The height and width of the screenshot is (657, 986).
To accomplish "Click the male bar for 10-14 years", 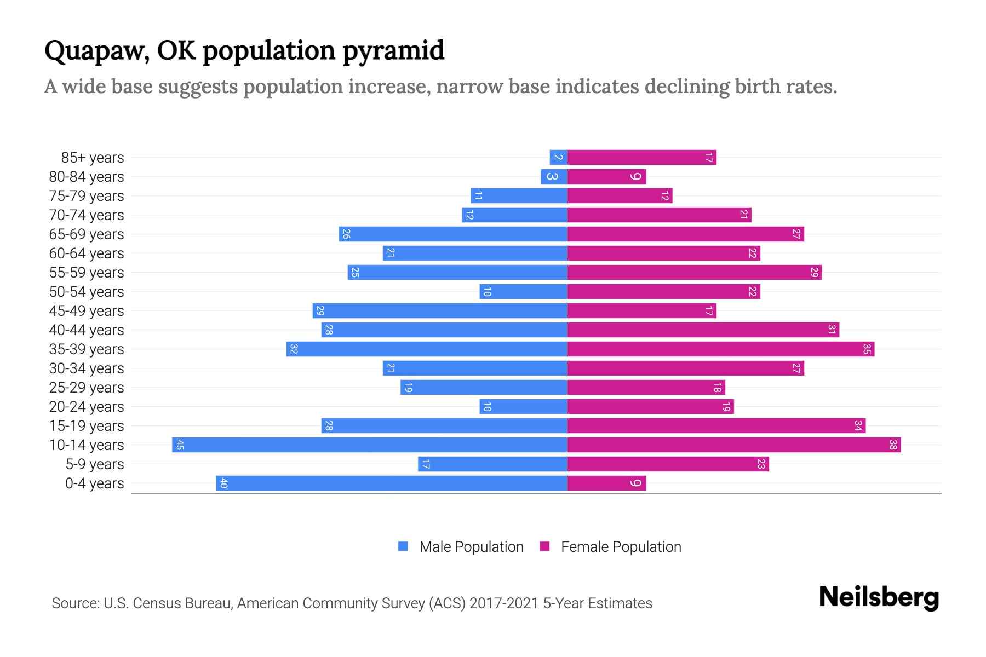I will (x=369, y=445).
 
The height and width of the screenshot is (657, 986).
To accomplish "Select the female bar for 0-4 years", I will (x=606, y=483).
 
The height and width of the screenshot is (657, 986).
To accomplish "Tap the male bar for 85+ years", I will (x=558, y=158).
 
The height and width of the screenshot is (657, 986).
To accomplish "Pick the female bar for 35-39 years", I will (x=720, y=349).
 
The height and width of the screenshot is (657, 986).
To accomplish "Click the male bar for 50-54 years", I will (x=523, y=291).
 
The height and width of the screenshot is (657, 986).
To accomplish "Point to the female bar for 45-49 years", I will (x=641, y=310).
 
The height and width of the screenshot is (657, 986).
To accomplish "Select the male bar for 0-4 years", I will (x=391, y=483).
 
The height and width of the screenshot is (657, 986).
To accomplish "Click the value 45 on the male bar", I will (x=180, y=445).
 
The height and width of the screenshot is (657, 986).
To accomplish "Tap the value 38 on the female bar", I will (x=892, y=445).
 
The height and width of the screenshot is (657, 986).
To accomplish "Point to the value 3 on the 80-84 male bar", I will (x=552, y=176).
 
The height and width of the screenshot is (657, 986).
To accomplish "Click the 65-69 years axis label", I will (x=87, y=234).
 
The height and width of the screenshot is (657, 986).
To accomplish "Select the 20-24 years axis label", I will (x=87, y=407).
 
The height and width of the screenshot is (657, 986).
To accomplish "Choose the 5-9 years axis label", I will (x=94, y=464).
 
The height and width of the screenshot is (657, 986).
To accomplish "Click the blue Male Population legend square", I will (x=403, y=546).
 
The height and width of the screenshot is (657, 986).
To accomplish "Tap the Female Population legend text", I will (x=621, y=546).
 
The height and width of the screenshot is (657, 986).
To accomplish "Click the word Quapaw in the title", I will (x=95, y=51).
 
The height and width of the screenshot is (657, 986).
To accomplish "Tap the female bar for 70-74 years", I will (x=659, y=215).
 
